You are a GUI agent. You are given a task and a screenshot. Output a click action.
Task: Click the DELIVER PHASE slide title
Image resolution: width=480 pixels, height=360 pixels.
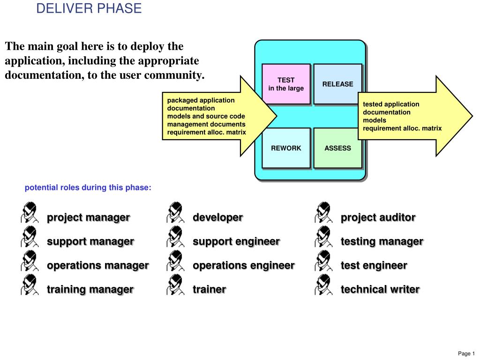click(89, 8)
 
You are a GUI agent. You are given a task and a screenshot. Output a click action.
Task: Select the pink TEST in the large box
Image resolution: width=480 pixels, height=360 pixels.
click(286, 84)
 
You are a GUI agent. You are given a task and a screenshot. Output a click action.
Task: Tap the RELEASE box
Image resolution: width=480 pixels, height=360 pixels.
click(337, 84)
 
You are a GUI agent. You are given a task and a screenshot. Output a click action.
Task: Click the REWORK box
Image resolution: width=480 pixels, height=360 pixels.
click(286, 148)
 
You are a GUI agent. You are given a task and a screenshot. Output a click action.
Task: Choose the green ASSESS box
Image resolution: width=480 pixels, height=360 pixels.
click(337, 148)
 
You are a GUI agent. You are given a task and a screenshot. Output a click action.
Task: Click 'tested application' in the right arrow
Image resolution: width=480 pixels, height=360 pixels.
click(391, 104)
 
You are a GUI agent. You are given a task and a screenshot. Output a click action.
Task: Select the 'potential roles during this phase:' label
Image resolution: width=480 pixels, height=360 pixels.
click(88, 187)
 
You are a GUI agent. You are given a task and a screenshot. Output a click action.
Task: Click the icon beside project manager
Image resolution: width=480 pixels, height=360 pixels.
click(29, 212)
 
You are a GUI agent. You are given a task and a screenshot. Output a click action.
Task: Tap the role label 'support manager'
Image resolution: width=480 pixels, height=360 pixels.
click(90, 241)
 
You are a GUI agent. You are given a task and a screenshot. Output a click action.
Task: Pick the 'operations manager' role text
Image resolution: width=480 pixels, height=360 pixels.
click(97, 265)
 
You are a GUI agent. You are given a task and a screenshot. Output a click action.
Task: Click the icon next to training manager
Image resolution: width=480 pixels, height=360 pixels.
click(29, 284)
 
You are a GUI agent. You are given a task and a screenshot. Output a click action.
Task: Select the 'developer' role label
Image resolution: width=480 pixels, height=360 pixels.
click(217, 217)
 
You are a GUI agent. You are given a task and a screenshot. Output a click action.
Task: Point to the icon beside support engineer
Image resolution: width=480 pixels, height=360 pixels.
click(174, 236)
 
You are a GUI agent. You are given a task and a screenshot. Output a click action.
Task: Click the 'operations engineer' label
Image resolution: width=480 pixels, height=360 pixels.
click(243, 265)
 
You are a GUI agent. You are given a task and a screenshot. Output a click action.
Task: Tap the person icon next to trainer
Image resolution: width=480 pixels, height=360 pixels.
click(174, 284)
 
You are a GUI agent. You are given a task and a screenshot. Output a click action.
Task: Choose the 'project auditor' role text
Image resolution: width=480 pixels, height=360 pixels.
click(378, 217)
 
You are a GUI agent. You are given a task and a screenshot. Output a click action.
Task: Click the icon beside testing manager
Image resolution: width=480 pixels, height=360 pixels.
click(323, 236)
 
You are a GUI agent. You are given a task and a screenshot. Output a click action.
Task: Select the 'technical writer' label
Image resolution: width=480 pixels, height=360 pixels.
click(380, 289)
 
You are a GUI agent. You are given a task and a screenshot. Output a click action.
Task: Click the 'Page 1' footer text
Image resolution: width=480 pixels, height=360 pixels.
click(466, 353)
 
